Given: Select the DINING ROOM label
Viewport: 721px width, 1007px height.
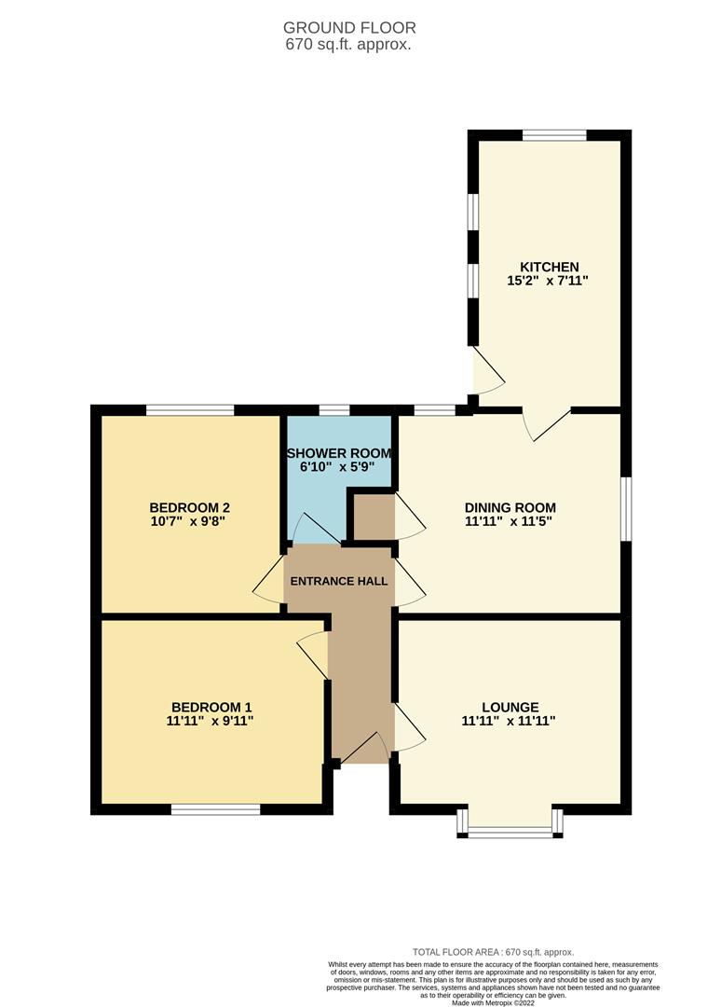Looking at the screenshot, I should coord(510,508).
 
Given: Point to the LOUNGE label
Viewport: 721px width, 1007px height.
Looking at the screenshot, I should coord(510,707).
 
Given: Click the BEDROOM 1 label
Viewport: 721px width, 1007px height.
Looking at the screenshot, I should coord(211,707).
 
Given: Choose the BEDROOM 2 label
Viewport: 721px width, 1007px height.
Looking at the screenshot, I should coord(188,509).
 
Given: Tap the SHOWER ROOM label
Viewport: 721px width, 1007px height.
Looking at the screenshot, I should coord(339,453).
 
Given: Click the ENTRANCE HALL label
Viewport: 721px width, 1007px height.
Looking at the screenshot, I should coord(339,581).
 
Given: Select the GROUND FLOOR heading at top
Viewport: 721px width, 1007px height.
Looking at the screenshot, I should coord(349,28).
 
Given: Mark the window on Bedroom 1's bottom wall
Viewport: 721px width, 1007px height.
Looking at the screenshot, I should coord(215,809).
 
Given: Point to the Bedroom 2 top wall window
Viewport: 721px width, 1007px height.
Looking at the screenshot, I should coord(190,409).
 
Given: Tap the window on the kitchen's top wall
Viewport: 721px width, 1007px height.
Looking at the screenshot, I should coord(554,135).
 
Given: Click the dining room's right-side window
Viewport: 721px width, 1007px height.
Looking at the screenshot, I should coord(626,508).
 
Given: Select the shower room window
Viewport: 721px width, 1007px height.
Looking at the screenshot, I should coord(333,409).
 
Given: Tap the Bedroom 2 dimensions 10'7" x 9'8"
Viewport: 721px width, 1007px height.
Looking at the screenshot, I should coord(188,522).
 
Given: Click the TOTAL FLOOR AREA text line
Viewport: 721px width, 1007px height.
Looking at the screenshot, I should coord(494,952).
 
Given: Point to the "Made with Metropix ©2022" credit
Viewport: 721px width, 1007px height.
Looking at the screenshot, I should coord(494,1002).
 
